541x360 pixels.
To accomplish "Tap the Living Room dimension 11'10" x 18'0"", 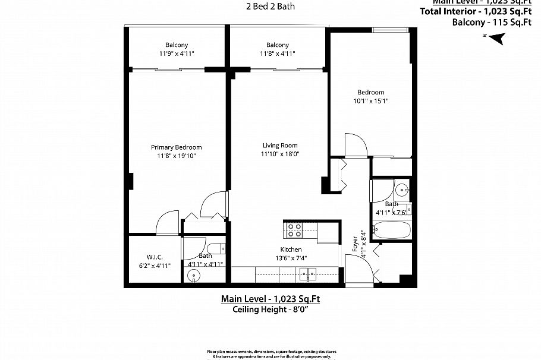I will coord(281,154).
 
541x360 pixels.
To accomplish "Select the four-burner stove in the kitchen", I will coord(294,229).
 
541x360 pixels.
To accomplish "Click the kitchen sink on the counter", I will coord(308,274).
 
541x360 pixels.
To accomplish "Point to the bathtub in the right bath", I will coord(391,229).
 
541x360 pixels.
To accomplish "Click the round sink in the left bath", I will coord(193,276).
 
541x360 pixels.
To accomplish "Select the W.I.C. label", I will coord(151,257).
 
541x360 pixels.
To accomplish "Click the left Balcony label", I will coord(177,45).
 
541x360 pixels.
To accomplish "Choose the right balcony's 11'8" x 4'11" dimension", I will coord(278,53).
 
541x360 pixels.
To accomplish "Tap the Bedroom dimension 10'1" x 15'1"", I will coord(370,101).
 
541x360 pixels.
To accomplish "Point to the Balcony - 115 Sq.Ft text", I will coord(491,23).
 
